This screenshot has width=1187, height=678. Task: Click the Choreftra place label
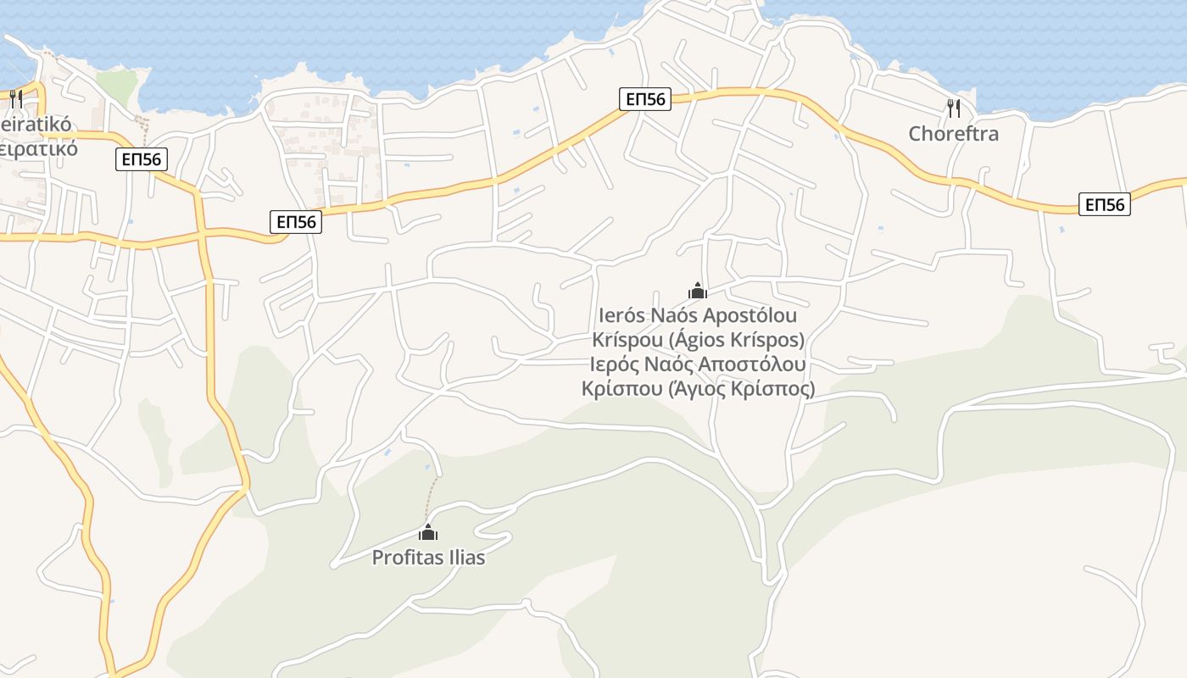(953, 134)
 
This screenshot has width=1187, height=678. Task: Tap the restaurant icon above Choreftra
(953, 108)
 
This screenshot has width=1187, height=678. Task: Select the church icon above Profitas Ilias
(428, 532)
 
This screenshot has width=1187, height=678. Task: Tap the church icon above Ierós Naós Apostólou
(698, 291)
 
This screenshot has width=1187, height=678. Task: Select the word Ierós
(621, 316)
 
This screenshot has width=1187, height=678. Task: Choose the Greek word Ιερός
(619, 365)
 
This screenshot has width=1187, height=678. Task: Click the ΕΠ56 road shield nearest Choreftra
(1104, 204)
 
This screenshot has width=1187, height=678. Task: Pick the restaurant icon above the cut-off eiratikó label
(16, 99)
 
